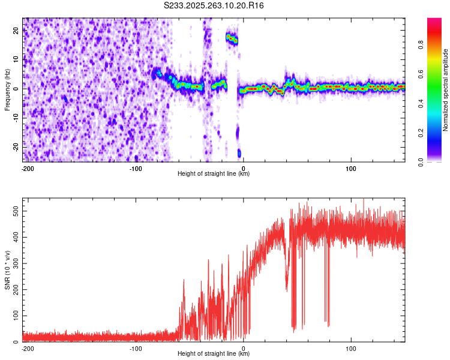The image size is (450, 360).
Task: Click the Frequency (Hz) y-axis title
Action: (x=7, y=89)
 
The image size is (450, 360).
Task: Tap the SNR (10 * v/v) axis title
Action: (x=7, y=269)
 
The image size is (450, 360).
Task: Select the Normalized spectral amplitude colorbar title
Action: (x=446, y=89)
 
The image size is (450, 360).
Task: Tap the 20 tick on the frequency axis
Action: (x=16, y=32)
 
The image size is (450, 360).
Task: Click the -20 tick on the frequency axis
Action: (x=15, y=146)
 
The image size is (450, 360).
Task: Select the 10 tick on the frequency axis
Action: (x=16, y=60)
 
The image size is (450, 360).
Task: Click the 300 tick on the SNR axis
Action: (x=13, y=263)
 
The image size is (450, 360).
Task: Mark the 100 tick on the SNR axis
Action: (x=13, y=316)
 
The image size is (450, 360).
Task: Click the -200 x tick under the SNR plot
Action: (x=27, y=348)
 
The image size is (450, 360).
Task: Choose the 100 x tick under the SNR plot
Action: (x=352, y=348)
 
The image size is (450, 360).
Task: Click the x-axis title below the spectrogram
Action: (x=214, y=174)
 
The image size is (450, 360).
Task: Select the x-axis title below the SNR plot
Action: (x=214, y=354)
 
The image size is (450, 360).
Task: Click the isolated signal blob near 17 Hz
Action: (x=232, y=39)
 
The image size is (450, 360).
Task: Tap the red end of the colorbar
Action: (x=434, y=22)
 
